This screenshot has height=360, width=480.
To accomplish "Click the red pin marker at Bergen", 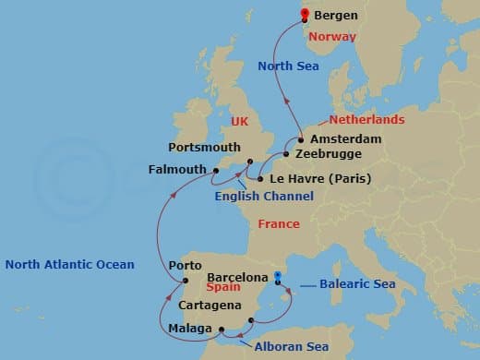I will pos(305,13).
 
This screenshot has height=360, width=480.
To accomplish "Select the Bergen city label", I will pos(336,16).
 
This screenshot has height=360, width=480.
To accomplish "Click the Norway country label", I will pos(331,37).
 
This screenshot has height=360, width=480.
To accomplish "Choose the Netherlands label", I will pos(366,120).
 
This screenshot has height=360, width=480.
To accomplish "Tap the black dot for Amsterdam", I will pos(301,139).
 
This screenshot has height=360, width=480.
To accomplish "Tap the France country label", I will pos(279,224).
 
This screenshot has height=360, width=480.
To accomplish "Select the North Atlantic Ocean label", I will pos(69,265).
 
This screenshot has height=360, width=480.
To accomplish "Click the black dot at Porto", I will pos(185,280).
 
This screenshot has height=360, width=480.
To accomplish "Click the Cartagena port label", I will pos(211,306).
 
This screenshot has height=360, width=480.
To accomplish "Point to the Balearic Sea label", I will pos(359,284).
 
